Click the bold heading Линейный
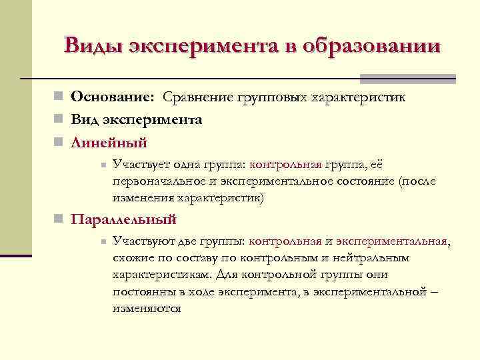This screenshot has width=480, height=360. click(x=109, y=142)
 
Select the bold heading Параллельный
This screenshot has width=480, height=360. click(x=124, y=219)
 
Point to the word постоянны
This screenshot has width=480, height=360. click(x=143, y=292)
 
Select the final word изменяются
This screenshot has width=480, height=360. click(x=147, y=309)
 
